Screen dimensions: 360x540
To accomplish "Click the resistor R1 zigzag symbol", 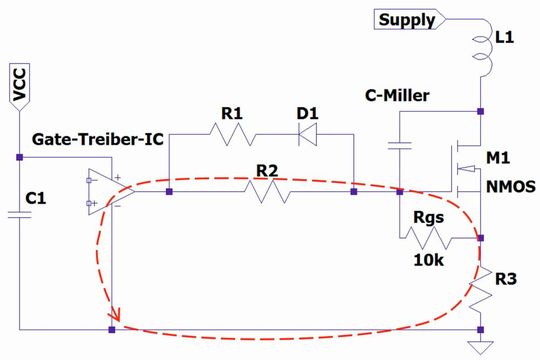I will [x=232, y=132].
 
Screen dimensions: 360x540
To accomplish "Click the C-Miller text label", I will [x=398, y=96].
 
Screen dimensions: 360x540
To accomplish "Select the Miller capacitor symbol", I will [x=399, y=147].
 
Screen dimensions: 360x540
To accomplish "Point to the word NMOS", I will [x=510, y=186].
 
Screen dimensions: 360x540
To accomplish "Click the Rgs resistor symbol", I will [x=441, y=238].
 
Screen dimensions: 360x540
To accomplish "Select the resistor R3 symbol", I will [x=481, y=288].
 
